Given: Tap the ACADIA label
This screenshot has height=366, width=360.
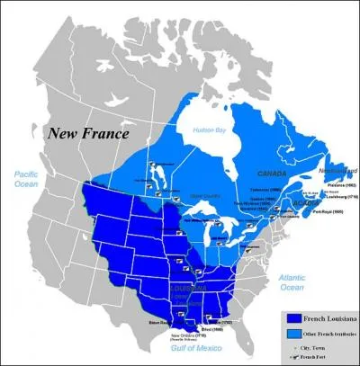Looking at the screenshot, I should tap(305, 202).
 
